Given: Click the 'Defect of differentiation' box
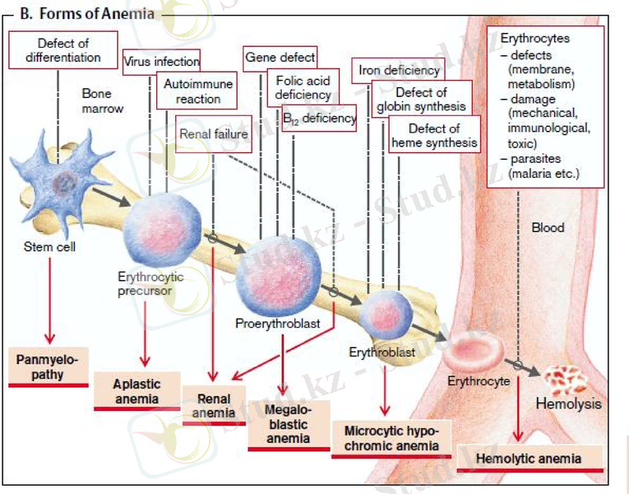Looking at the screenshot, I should pyautogui.click(x=63, y=50).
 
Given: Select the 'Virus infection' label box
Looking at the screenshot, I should pyautogui.click(x=161, y=61).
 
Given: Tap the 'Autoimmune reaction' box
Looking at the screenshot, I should pyautogui.click(x=198, y=91).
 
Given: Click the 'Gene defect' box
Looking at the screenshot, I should pyautogui.click(x=280, y=58).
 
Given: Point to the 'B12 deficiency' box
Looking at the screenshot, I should pyautogui.click(x=318, y=119).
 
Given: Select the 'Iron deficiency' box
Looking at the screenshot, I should pyautogui.click(x=400, y=70).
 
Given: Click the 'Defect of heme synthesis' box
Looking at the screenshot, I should pyautogui.click(x=434, y=135).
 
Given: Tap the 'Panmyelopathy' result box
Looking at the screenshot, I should pyautogui.click(x=49, y=366).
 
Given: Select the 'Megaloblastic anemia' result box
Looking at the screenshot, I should pyautogui.click(x=288, y=425).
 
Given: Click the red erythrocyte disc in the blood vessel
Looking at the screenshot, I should pyautogui.click(x=474, y=352).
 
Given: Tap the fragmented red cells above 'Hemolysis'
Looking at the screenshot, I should pyautogui.click(x=565, y=379).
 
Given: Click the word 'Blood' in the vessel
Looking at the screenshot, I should pyautogui.click(x=548, y=227).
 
